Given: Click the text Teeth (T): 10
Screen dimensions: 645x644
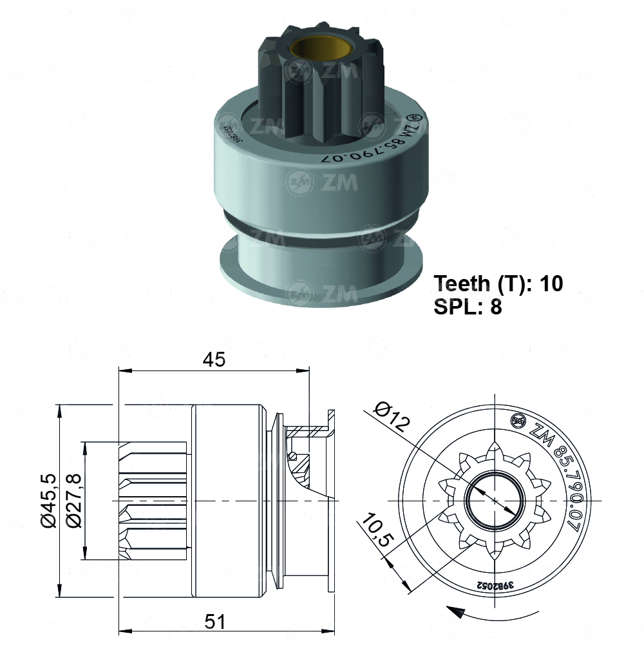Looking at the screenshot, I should coord(498,283).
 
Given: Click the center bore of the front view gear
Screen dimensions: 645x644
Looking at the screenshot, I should coord(494,500).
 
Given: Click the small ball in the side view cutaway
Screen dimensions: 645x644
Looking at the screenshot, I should coord(294,457).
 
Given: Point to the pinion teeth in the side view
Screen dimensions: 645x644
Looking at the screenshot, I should coord(151,500).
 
